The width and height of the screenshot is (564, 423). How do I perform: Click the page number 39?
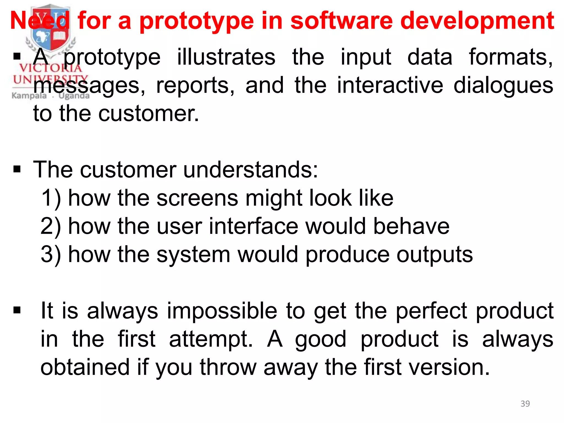525,404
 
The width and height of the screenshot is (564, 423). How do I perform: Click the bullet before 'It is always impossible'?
17,310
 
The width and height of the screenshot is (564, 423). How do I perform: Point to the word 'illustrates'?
226,57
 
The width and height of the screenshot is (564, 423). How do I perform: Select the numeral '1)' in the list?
51,198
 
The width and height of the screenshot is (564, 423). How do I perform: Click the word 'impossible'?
222,311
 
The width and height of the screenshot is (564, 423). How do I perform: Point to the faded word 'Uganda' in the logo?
74,96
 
